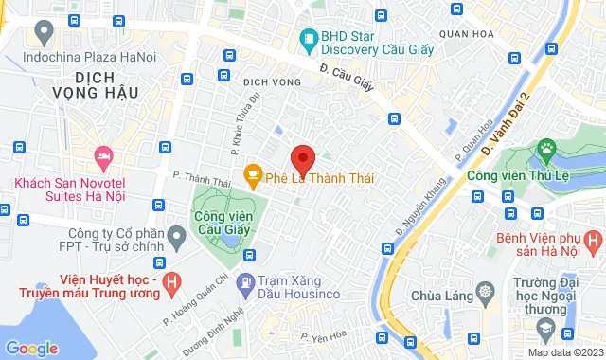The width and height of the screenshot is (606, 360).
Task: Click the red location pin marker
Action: click(302, 158)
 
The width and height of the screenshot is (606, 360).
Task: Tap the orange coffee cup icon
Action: click(252, 174)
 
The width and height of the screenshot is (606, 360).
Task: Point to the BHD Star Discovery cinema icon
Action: click(308, 38)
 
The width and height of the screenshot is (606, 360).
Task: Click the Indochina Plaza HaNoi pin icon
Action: click(42, 32)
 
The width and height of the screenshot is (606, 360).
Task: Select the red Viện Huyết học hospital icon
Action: click(171, 281)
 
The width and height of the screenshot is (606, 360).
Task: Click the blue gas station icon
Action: click(245, 281)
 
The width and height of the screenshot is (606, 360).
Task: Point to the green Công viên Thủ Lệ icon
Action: click(546, 149)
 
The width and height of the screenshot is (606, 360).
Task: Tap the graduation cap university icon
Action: click(545, 329)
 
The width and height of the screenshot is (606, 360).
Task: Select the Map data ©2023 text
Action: click(564, 352)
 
